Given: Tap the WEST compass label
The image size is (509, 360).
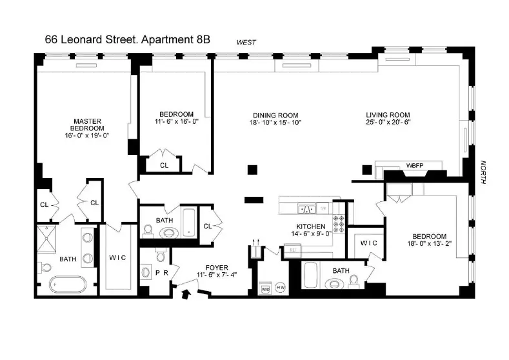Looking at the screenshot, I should (246, 43).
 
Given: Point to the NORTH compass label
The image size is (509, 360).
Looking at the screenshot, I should (482, 172).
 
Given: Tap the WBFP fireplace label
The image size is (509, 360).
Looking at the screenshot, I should (414, 165).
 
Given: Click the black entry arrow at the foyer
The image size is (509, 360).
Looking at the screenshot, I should (188, 295).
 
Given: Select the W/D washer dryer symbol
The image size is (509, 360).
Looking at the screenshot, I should (266, 289).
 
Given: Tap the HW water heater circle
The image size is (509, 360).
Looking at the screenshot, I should (281, 288).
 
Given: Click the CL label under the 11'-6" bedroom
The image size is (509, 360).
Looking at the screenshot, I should (164, 165).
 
